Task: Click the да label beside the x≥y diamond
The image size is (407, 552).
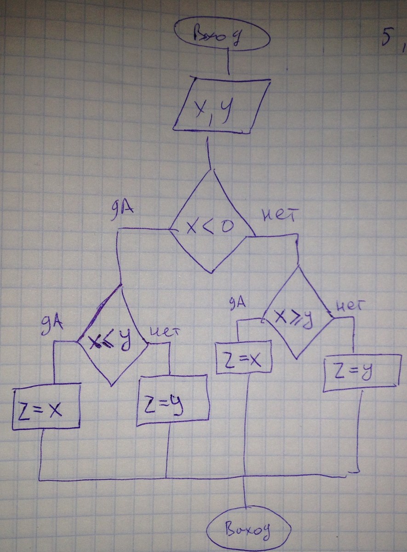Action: [x=237, y=303]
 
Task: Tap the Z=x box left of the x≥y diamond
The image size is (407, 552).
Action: [x=244, y=358]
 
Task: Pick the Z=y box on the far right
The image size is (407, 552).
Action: [x=361, y=373]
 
